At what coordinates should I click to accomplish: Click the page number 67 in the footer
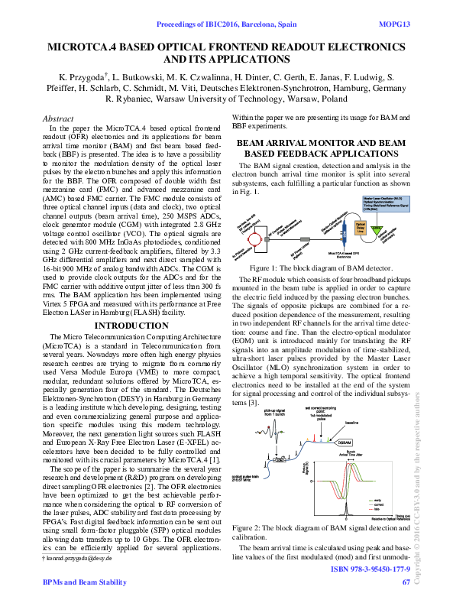tap(406, 582)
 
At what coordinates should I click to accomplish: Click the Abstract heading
tap(58, 119)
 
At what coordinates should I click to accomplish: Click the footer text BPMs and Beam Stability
tap(84, 582)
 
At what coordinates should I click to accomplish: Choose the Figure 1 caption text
tap(321, 267)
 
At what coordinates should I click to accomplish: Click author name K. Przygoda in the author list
tap(83, 77)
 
